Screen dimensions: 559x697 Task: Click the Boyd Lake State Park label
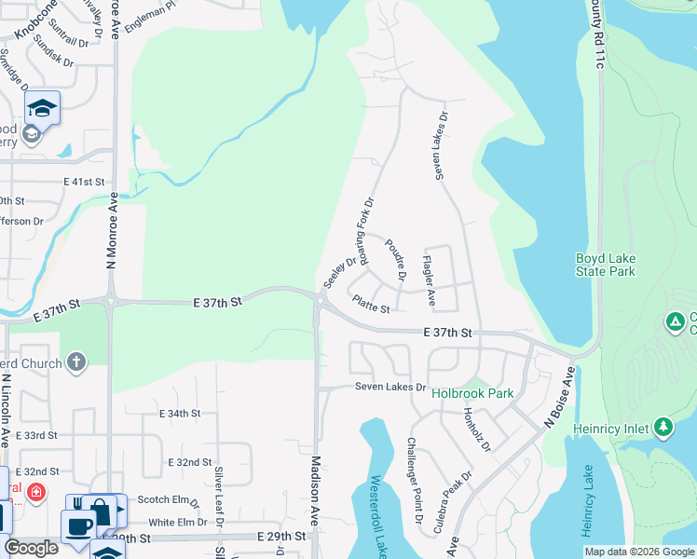[605, 265]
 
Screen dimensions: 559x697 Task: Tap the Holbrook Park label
[472, 393]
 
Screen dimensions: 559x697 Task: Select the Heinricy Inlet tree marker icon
[663, 428]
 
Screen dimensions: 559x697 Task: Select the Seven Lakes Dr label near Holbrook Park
[389, 387]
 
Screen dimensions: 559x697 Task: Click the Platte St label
[371, 304]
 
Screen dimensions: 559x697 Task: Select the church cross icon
[76, 361]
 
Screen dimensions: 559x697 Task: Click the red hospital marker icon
[35, 491]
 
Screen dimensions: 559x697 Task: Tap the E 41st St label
[82, 184]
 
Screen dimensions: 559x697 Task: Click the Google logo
[31, 548]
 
